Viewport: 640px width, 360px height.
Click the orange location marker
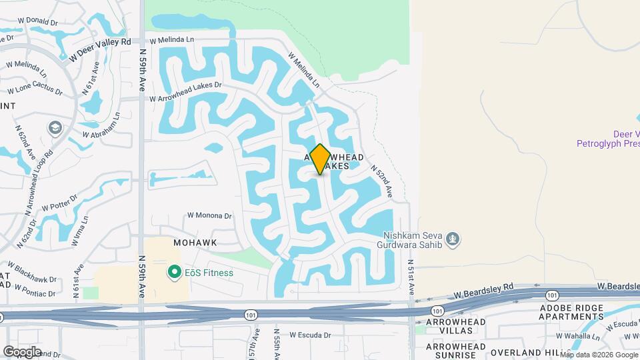pyautogui.click(x=320, y=159)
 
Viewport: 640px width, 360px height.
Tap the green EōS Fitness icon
pyautogui.click(x=174, y=272)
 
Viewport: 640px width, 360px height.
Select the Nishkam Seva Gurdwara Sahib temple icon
pyautogui.click(x=453, y=239)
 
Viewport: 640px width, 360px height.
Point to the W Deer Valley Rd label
pyautogui.click(x=99, y=49)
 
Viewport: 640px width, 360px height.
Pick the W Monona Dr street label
pyautogui.click(x=209, y=216)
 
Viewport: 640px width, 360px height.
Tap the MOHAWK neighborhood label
pyautogui.click(x=195, y=243)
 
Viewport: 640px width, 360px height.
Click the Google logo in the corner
pyautogui.click(x=22, y=351)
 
